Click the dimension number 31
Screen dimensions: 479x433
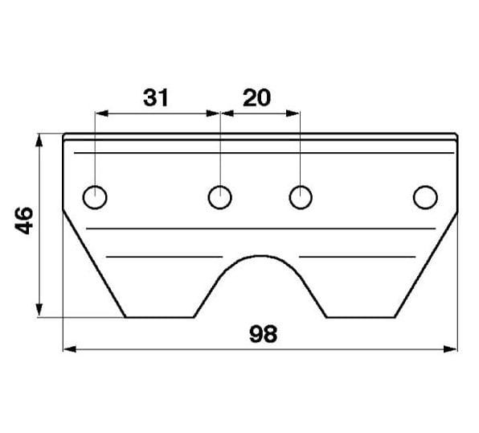pos(156,97)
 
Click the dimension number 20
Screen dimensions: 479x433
pos(256,97)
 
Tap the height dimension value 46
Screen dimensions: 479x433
pos(24,221)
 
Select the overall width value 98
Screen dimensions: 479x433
pos(264,334)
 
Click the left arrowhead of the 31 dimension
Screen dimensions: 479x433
pos(102,113)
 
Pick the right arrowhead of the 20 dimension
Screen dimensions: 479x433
pos(293,113)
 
